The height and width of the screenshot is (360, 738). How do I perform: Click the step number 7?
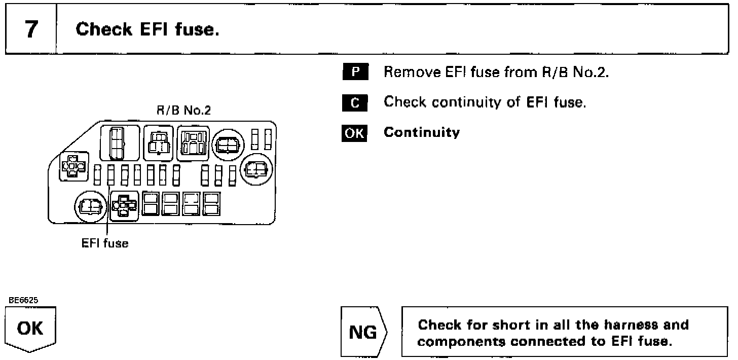click(31, 29)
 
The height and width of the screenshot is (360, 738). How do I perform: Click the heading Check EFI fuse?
click(147, 29)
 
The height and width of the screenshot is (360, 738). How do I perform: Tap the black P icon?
click(355, 72)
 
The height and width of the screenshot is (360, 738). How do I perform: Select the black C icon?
click(355, 102)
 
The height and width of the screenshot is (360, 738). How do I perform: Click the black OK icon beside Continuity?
click(355, 133)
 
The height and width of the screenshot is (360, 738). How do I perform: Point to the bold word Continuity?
click(422, 133)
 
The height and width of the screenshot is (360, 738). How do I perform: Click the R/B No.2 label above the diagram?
click(183, 111)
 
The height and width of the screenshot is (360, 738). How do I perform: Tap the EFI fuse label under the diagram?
click(105, 244)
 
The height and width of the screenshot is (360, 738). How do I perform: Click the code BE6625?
click(23, 300)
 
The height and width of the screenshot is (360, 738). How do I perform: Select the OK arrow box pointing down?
click(30, 330)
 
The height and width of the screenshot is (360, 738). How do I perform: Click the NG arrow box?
click(363, 333)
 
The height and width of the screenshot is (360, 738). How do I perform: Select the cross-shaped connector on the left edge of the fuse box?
click(73, 166)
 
